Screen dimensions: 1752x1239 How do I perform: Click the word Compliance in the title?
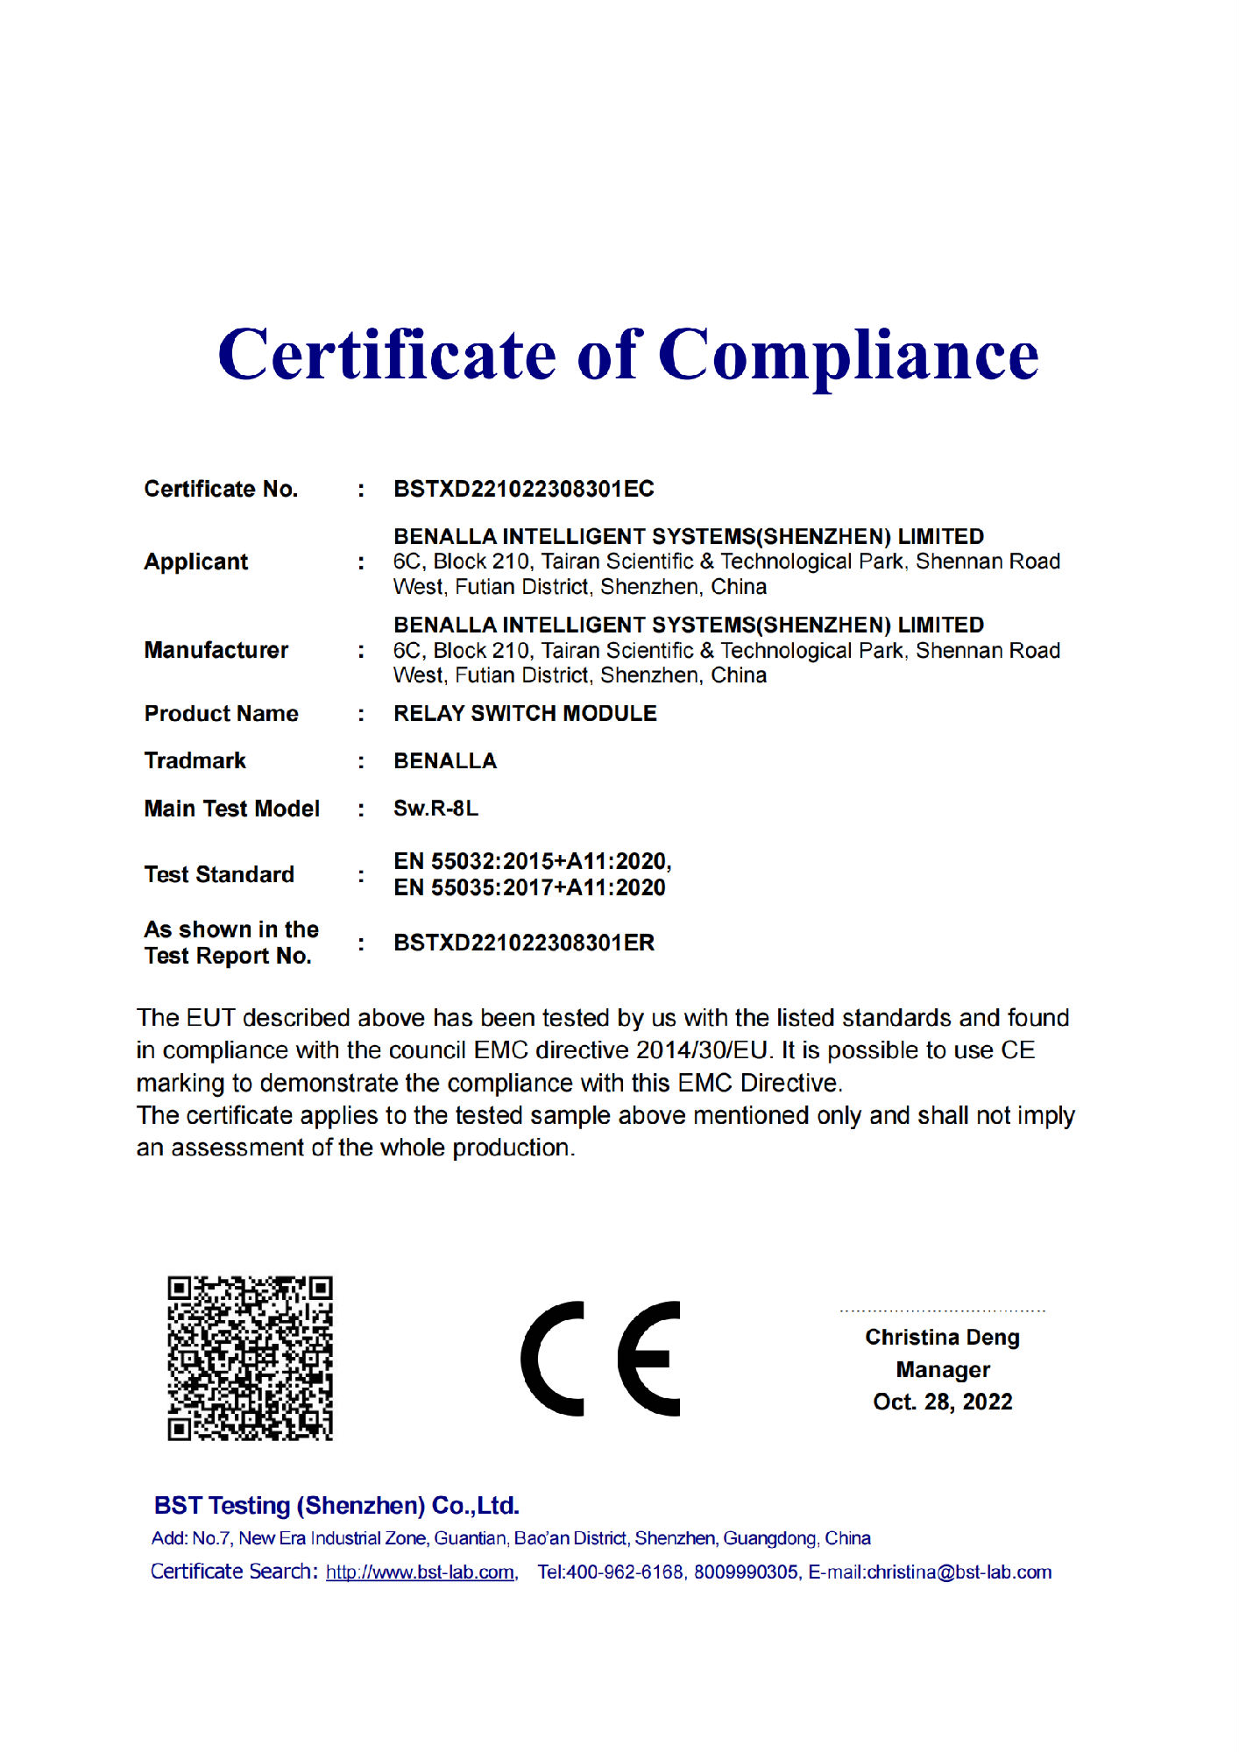(x=847, y=357)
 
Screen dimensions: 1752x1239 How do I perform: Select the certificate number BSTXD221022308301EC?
(x=523, y=489)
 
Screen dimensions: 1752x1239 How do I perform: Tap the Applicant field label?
(x=195, y=562)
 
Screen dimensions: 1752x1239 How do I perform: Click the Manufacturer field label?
(x=216, y=650)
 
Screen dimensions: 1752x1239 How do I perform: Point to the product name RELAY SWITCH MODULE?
(x=525, y=713)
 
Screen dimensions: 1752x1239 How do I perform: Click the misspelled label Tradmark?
(x=195, y=760)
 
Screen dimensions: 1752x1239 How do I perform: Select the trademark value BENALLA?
(x=444, y=760)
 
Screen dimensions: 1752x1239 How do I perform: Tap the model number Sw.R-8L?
(x=435, y=808)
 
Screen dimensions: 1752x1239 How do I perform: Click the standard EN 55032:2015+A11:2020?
(x=531, y=861)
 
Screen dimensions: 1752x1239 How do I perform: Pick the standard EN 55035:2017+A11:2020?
(x=529, y=887)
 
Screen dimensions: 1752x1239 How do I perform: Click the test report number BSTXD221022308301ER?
(x=524, y=943)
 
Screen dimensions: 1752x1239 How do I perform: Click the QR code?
(x=250, y=1358)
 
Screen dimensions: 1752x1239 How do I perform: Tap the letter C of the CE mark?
(x=552, y=1359)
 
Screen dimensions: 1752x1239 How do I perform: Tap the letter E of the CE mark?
(x=649, y=1359)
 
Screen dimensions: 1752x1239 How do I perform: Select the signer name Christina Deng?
(x=942, y=1337)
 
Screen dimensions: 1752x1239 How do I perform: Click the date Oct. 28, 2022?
(x=942, y=1402)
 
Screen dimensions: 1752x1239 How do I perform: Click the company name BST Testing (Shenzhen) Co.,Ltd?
(x=336, y=1505)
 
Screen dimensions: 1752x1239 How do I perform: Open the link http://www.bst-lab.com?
(x=420, y=1572)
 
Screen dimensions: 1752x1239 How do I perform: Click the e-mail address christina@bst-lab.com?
(x=959, y=1572)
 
